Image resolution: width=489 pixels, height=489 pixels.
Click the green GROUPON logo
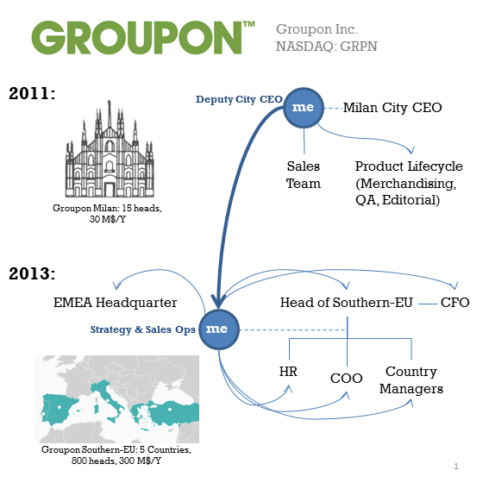[x=143, y=37]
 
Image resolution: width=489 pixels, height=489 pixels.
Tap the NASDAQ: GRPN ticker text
[x=327, y=47]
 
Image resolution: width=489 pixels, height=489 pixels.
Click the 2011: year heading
[x=32, y=93]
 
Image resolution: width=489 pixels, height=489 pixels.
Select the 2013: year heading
[x=32, y=273]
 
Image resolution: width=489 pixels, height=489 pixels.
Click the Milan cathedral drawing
[x=110, y=148]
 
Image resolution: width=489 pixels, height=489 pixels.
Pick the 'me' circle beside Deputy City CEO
[x=304, y=108]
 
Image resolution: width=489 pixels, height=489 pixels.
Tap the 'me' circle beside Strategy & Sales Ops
[x=219, y=329]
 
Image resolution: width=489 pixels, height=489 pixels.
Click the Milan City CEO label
[x=392, y=108]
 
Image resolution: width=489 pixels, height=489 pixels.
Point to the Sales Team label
[x=304, y=174]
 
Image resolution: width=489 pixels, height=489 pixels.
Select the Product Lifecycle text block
[x=409, y=183]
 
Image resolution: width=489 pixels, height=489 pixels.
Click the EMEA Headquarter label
[x=115, y=303]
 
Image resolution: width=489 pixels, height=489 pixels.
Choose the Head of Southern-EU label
[x=347, y=303]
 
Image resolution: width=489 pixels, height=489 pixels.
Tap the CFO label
[x=455, y=303]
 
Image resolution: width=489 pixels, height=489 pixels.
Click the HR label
[x=288, y=372]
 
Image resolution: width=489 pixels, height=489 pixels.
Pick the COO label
[x=347, y=379]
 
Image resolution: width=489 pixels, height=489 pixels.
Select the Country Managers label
[x=411, y=379]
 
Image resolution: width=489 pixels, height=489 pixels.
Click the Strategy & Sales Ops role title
[x=143, y=329]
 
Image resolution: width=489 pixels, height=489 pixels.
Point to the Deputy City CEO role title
[x=239, y=99]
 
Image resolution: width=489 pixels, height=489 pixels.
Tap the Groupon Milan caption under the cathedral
[x=107, y=213]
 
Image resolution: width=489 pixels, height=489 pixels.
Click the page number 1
[x=456, y=467]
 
